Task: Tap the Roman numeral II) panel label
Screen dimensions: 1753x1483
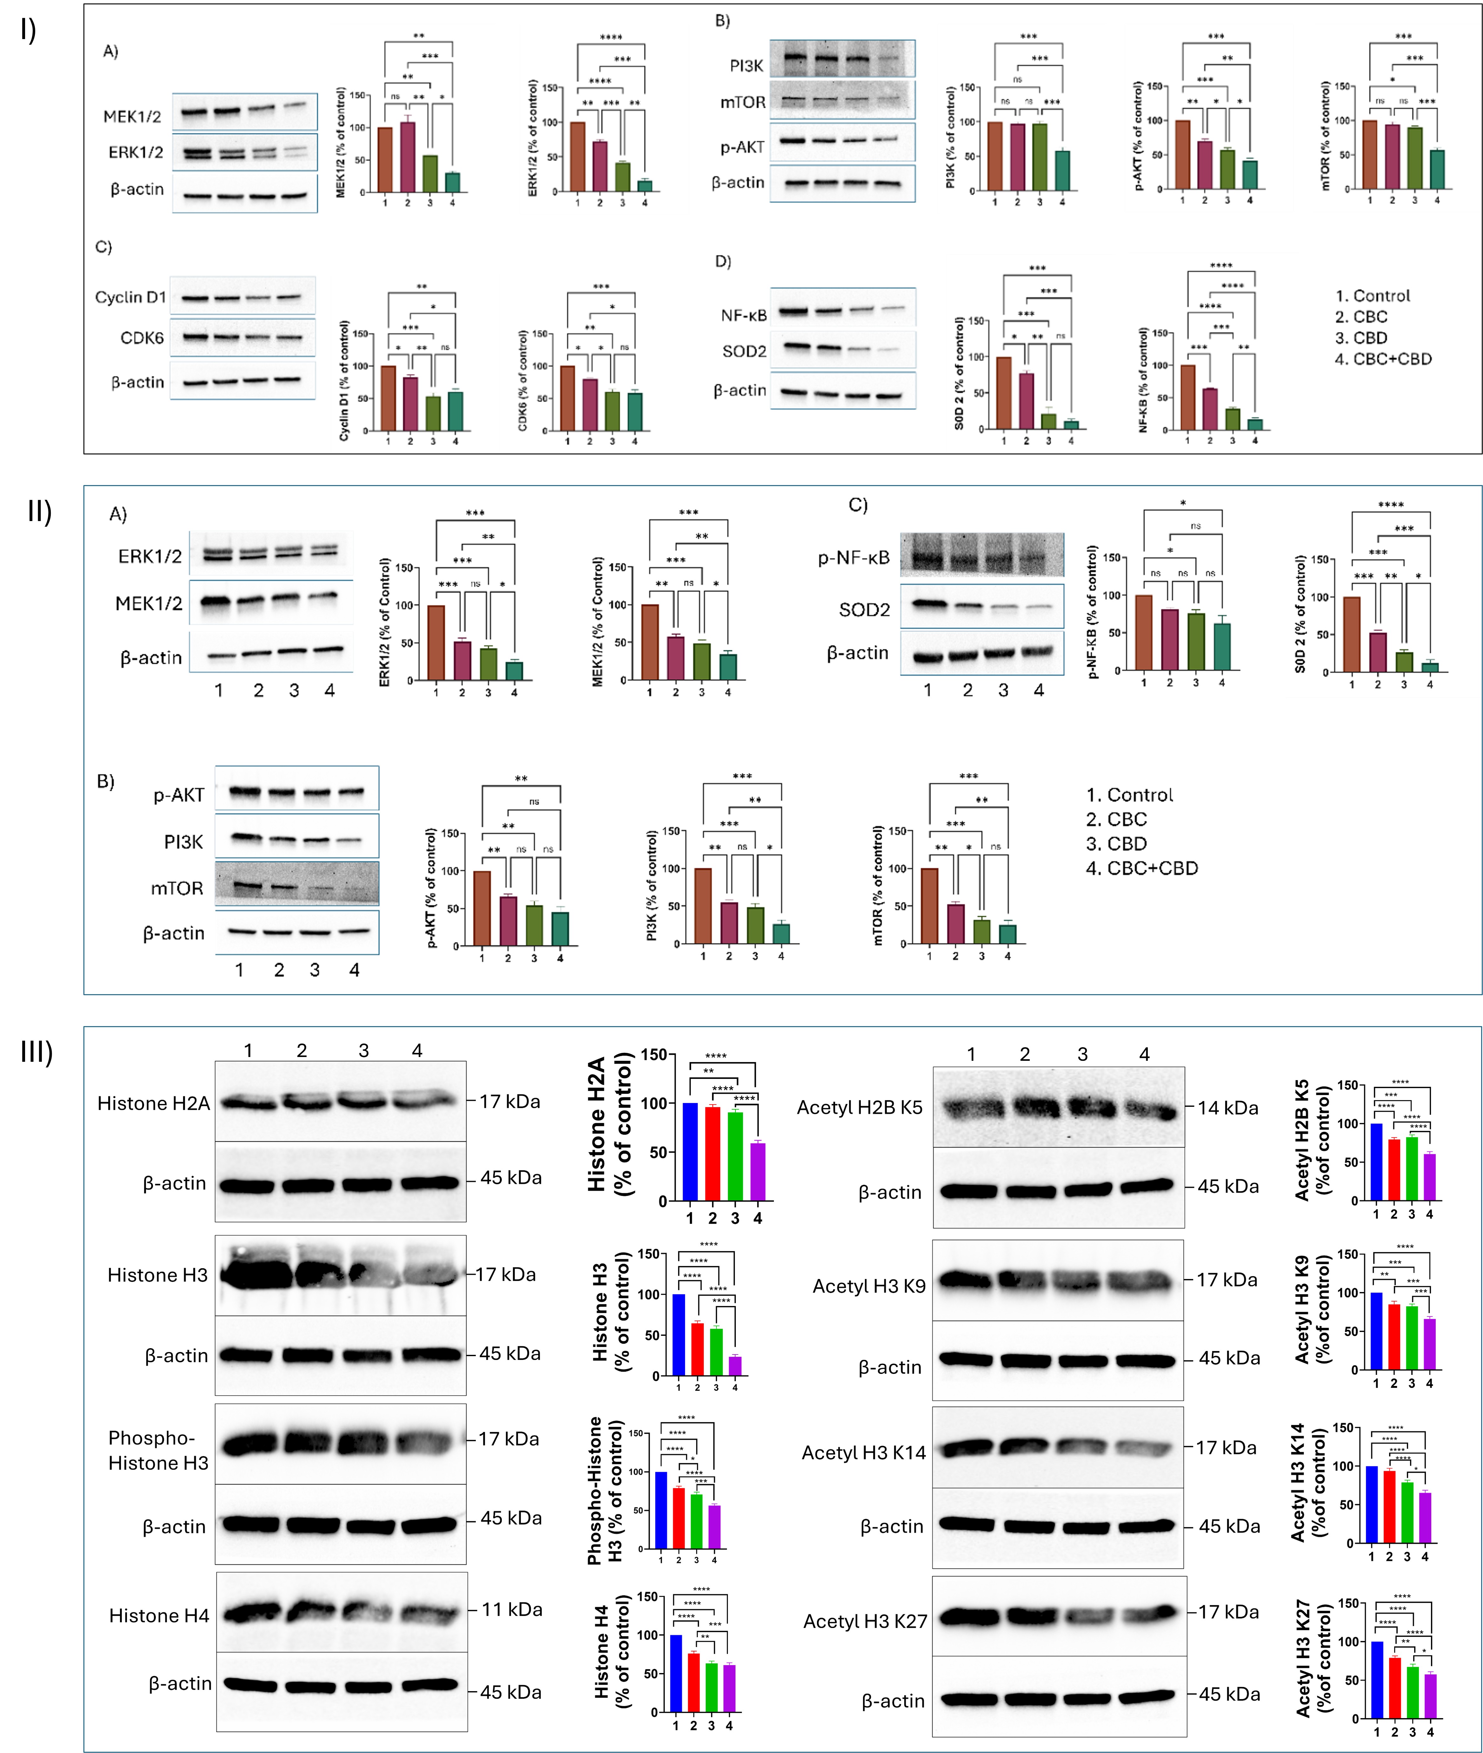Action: tap(39, 510)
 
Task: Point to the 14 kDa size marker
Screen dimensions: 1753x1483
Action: tap(1227, 1108)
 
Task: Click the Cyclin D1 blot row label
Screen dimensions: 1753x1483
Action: tap(130, 298)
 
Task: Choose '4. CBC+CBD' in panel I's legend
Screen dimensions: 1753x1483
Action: tap(1383, 359)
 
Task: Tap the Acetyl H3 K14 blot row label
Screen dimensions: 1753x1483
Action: tap(863, 1453)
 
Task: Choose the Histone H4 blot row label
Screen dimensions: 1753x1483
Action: tap(159, 1616)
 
